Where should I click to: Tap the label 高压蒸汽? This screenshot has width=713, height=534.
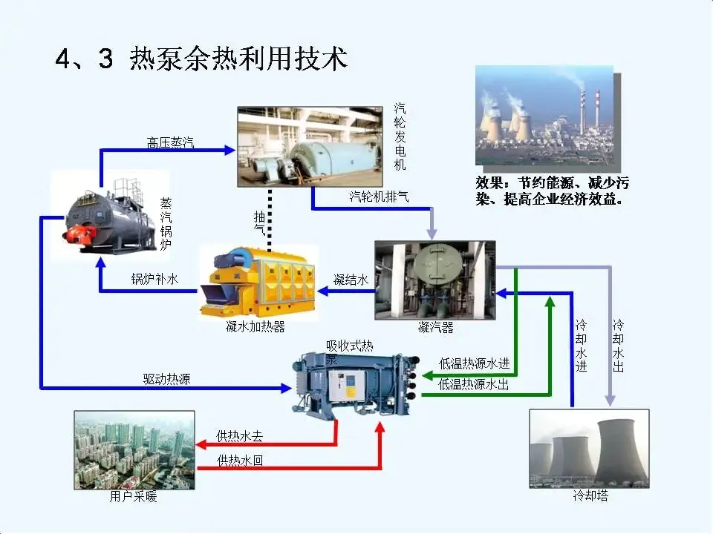(170, 142)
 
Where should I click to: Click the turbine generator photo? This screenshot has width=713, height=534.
(313, 145)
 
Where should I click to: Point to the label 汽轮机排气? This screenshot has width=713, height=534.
(379, 197)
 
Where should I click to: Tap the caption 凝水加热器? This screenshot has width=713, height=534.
(255, 327)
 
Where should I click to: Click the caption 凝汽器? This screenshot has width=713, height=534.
(434, 327)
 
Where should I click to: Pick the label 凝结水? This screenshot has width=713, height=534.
(351, 280)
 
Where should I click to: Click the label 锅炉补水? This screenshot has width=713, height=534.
(154, 280)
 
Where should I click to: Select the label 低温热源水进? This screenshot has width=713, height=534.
(475, 363)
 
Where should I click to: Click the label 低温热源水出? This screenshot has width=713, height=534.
(475, 384)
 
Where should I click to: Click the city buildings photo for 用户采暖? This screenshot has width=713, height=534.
(134, 449)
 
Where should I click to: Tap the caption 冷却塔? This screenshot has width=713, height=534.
(590, 495)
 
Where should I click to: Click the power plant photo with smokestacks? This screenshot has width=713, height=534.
(544, 115)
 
